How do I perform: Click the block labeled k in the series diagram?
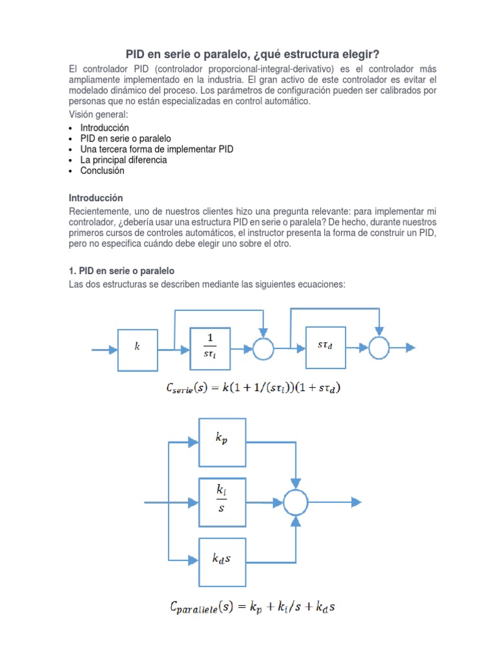pos(137,349)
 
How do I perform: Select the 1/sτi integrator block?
pos(210,349)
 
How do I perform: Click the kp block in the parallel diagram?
pos(222,442)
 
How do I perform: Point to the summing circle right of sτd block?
pos(380,348)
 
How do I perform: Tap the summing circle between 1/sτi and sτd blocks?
pos(263,349)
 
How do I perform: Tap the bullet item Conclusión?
pos(102,171)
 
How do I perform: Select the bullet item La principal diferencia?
pos(123,160)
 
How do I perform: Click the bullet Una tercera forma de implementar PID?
pos(157,149)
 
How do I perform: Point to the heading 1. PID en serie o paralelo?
pos(121,271)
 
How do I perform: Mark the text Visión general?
pos(98,114)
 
